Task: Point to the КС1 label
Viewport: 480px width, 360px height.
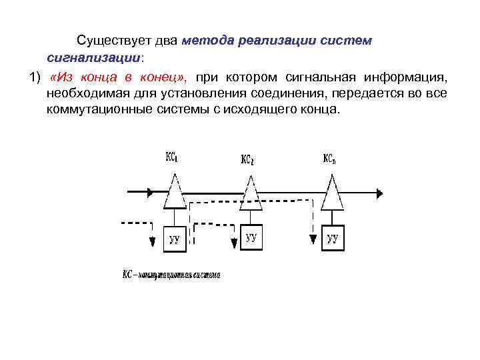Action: [x=171, y=158]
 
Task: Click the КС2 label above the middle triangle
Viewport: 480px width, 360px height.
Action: [x=247, y=160]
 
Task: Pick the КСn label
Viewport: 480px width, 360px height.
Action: [x=329, y=159]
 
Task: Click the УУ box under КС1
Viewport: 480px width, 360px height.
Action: [x=174, y=239]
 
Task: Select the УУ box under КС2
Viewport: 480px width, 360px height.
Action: [x=251, y=237]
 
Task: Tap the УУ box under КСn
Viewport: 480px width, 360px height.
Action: [x=333, y=237]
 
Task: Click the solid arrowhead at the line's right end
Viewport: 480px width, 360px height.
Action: [x=379, y=193]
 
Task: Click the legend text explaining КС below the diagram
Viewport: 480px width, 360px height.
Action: [x=171, y=275]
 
